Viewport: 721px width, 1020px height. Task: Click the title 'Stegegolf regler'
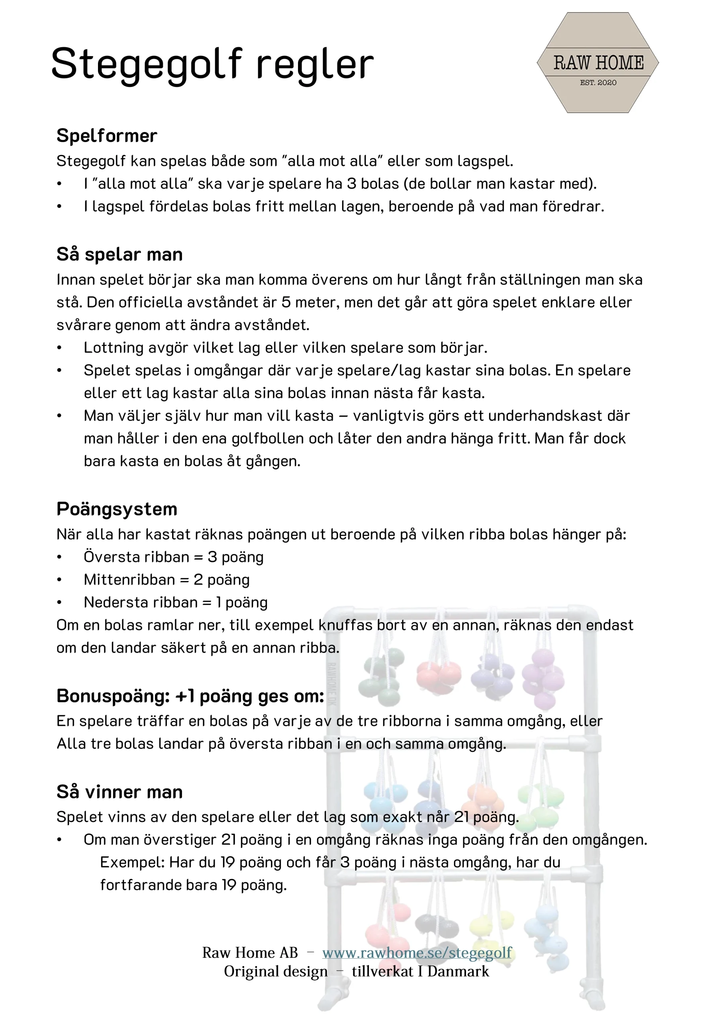click(212, 65)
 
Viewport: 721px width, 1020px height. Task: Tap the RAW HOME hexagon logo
click(598, 63)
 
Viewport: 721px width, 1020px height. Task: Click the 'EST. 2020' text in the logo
click(598, 82)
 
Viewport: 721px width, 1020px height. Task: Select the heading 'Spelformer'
click(107, 136)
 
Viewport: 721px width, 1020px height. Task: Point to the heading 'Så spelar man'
click(120, 255)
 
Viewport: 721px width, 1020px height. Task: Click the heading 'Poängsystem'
click(117, 509)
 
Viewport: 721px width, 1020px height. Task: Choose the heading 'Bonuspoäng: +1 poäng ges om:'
click(190, 696)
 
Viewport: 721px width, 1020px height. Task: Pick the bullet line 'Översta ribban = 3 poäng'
click(173, 557)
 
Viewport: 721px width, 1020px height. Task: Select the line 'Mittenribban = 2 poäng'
click(167, 580)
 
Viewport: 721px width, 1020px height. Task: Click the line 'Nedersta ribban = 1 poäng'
click(176, 602)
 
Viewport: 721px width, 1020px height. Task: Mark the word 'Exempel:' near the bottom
click(132, 862)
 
